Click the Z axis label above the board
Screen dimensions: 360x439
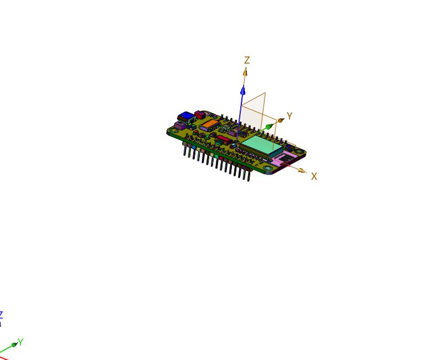tap(247, 60)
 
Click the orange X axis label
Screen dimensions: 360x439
tap(314, 176)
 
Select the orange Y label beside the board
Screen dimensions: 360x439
tap(289, 116)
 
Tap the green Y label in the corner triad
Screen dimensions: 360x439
tap(20, 342)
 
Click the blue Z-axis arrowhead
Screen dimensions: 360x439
tap(242, 90)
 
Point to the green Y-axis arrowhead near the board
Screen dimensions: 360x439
tap(269, 127)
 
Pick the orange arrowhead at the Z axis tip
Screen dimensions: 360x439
tap(245, 71)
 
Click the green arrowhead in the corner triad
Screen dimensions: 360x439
tap(14, 346)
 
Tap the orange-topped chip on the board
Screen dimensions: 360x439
tap(209, 124)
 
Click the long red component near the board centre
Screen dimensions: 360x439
tap(224, 138)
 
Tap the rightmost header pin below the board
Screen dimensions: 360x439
tap(249, 175)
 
